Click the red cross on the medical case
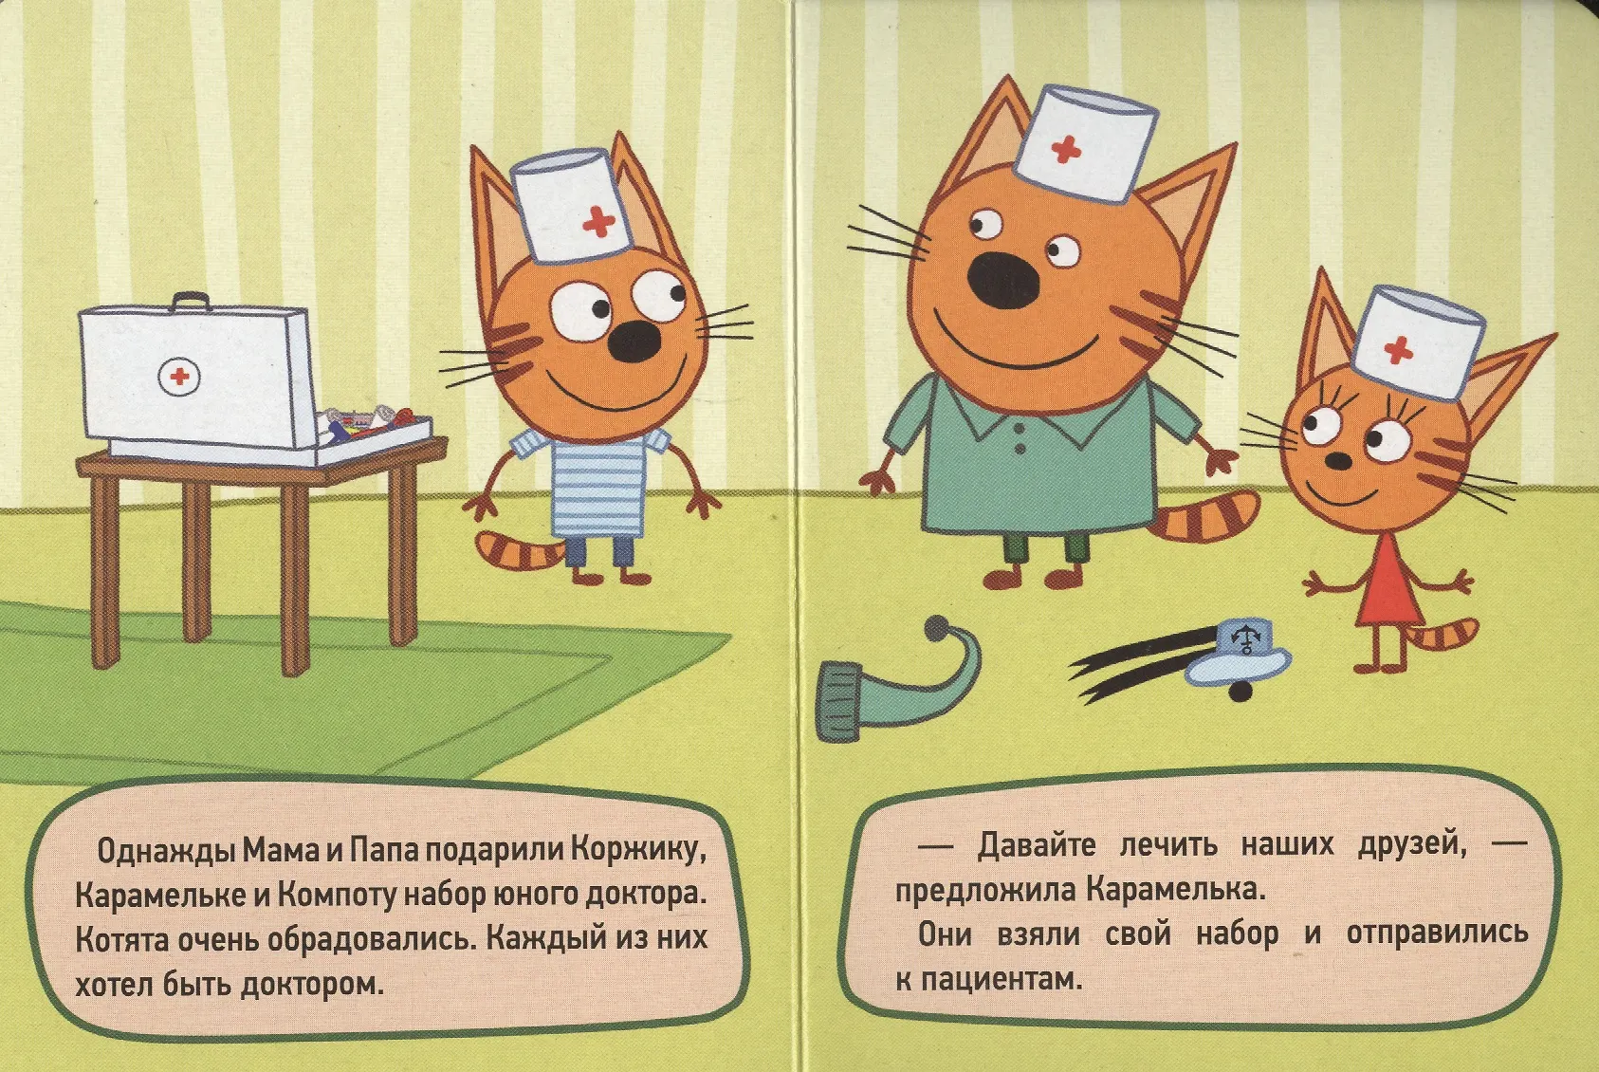[179, 377]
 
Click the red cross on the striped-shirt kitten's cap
[598, 222]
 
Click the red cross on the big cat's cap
[1066, 150]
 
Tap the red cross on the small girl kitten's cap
[1398, 350]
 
